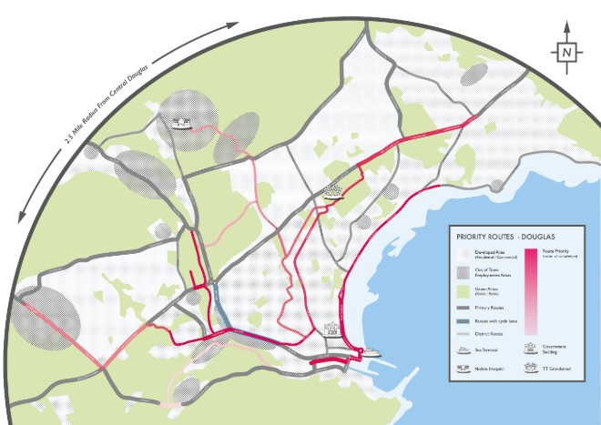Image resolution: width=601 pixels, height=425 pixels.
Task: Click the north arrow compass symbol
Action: pos(566,53)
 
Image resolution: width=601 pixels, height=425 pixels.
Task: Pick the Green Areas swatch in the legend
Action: pos(463,292)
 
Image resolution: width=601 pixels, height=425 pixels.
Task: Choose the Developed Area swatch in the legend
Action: pos(463,254)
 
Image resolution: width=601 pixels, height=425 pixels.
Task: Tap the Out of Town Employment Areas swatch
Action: pos(463,273)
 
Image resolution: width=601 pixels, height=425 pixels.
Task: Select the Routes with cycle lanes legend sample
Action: pos(463,322)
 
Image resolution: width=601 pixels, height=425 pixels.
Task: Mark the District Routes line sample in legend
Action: pos(463,334)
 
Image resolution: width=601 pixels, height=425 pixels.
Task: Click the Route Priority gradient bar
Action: pos(532,291)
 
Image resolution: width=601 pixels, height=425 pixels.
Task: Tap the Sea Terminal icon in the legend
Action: pos(463,349)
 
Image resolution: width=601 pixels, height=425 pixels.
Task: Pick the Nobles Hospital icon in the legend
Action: pos(463,369)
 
